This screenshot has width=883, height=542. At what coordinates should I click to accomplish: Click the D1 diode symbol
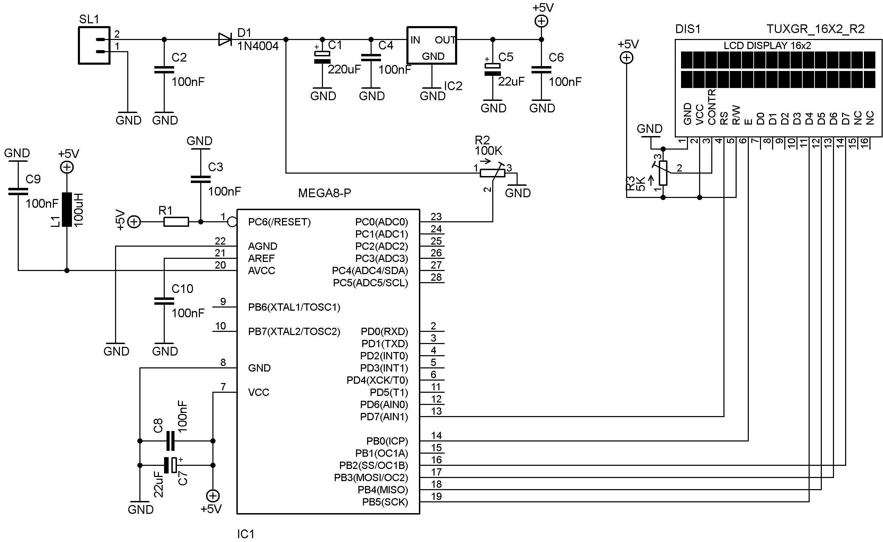(225, 39)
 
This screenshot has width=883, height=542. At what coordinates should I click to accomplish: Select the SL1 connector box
(94, 46)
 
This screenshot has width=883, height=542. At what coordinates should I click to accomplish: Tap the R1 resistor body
(176, 222)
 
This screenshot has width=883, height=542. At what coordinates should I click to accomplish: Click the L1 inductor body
(67, 210)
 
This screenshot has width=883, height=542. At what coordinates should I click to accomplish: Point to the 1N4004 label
(258, 46)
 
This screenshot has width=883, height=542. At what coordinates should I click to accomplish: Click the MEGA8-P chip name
(325, 193)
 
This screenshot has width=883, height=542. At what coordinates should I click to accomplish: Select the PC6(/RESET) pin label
(280, 222)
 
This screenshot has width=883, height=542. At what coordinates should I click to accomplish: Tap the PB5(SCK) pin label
(385, 502)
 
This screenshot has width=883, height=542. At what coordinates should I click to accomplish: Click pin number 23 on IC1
(436, 217)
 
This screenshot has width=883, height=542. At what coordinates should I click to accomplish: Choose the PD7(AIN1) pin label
(384, 417)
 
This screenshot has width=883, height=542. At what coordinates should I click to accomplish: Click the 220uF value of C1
(344, 70)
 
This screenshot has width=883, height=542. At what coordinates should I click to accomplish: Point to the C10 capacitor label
(183, 289)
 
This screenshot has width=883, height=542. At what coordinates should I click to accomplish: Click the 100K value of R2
(488, 151)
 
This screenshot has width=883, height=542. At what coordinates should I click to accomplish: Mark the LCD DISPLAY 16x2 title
(767, 46)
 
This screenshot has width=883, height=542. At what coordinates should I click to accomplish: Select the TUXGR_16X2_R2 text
(816, 29)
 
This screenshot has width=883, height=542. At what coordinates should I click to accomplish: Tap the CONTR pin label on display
(712, 107)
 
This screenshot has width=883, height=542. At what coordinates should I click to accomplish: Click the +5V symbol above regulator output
(542, 22)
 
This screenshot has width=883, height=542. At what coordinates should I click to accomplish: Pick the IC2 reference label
(453, 86)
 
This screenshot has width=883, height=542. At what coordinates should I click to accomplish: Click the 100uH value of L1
(79, 210)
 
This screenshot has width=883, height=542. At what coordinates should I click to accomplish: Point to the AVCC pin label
(262, 271)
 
